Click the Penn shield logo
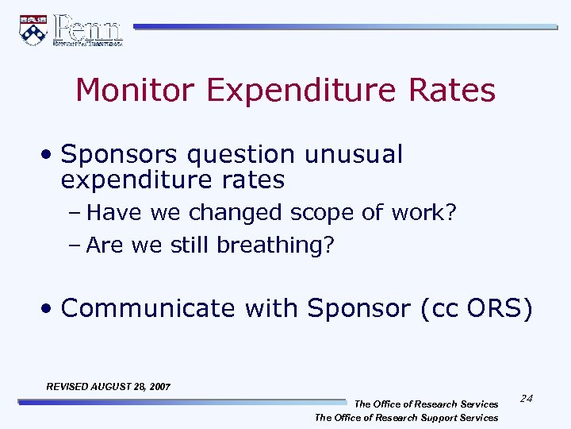click(x=33, y=29)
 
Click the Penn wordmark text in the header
click(x=87, y=29)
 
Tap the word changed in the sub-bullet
click(x=236, y=213)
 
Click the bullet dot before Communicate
click(x=49, y=308)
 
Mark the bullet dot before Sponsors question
click(x=49, y=155)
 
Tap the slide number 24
click(x=527, y=398)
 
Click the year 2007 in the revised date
click(x=158, y=386)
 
